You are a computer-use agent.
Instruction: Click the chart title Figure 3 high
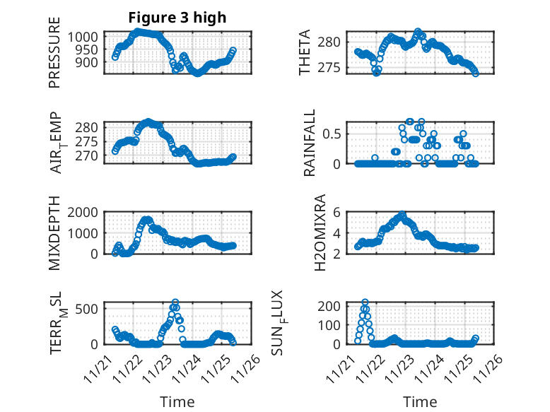pos(177,18)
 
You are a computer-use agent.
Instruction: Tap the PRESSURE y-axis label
pos(54,59)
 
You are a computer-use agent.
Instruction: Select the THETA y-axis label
pos(304,53)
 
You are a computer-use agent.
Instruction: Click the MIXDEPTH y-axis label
pos(54,232)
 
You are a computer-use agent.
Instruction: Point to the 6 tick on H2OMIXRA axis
pos(338,212)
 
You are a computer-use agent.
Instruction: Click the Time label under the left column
pos(177,402)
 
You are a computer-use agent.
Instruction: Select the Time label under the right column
pos(420,402)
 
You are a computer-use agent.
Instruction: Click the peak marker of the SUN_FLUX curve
pos(365,302)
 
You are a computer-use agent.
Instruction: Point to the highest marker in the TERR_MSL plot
pos(175,302)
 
